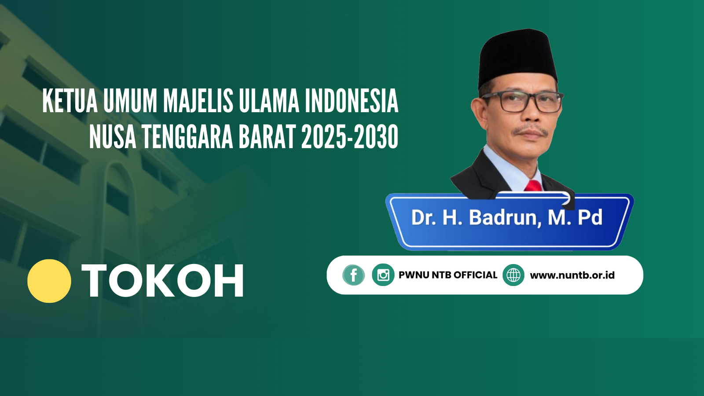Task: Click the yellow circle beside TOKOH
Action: tap(49, 281)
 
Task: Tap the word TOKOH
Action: tap(162, 281)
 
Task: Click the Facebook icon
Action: tap(354, 275)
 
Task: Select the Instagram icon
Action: tap(383, 275)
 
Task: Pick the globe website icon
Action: tap(513, 275)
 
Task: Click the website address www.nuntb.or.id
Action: tap(572, 275)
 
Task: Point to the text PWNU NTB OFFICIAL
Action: tap(448, 275)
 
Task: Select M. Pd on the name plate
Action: tap(575, 217)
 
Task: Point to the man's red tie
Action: tap(533, 186)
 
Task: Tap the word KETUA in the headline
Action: tap(70, 101)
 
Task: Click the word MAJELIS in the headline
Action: tap(198, 101)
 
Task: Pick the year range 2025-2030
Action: tap(350, 137)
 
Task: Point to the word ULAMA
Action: tap(269, 101)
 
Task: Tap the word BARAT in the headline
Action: tap(267, 137)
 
